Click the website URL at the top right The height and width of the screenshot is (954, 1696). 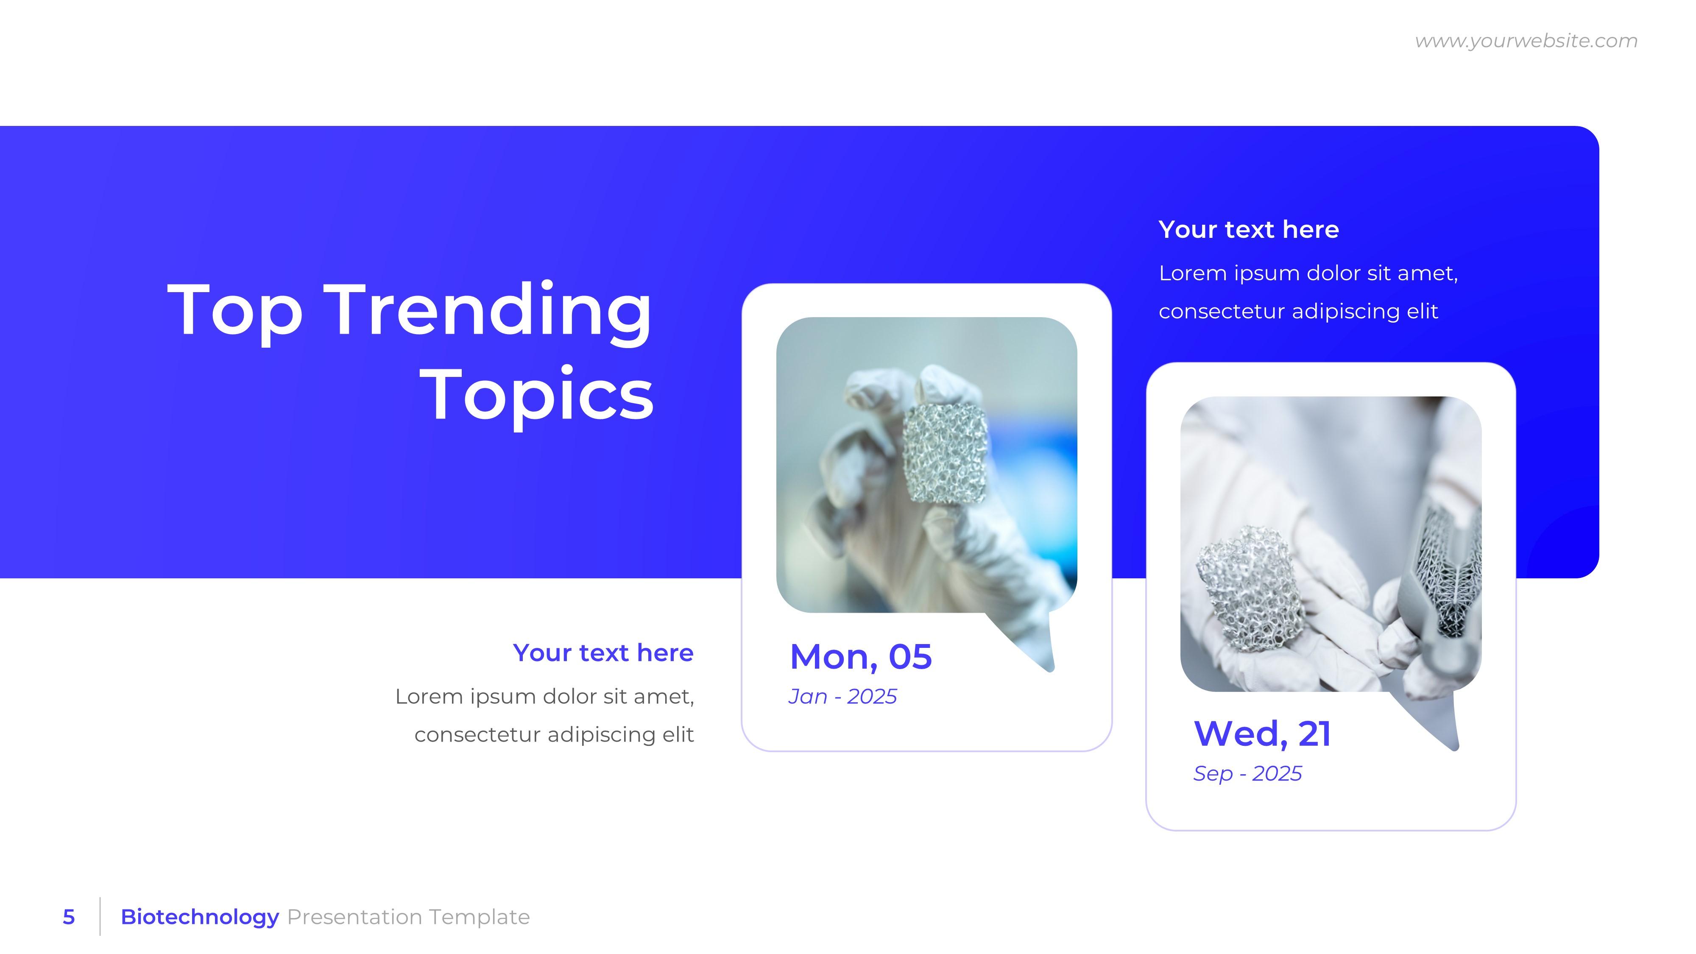click(x=1526, y=41)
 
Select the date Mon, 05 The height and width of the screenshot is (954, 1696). click(x=861, y=657)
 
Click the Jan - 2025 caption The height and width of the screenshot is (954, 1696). click(x=842, y=697)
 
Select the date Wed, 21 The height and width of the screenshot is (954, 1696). click(x=1262, y=734)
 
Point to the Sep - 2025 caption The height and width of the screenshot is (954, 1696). click(x=1247, y=774)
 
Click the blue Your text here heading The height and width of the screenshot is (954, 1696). click(x=603, y=653)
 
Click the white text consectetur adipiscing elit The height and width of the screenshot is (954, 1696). click(x=1298, y=311)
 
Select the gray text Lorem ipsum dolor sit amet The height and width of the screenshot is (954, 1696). click(x=544, y=697)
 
